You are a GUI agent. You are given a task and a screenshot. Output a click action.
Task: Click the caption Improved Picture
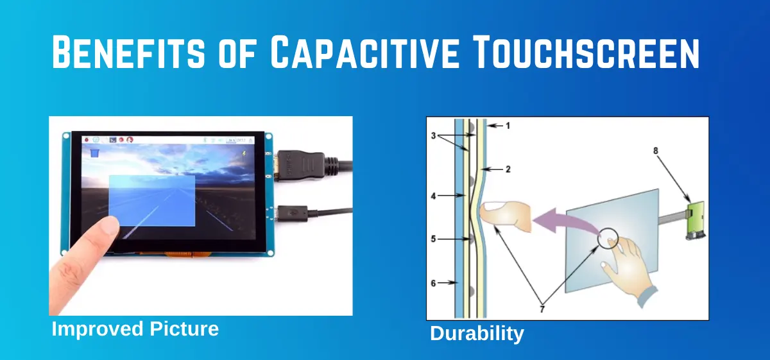[135, 329]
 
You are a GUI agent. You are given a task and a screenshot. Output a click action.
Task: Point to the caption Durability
[477, 334]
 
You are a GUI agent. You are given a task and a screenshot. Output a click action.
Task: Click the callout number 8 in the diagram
[656, 151]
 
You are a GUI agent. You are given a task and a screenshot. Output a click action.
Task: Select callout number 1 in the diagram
[508, 126]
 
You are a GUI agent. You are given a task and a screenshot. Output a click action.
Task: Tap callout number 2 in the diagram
[508, 169]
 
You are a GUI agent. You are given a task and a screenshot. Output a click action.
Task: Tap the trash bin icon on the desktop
[94, 151]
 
